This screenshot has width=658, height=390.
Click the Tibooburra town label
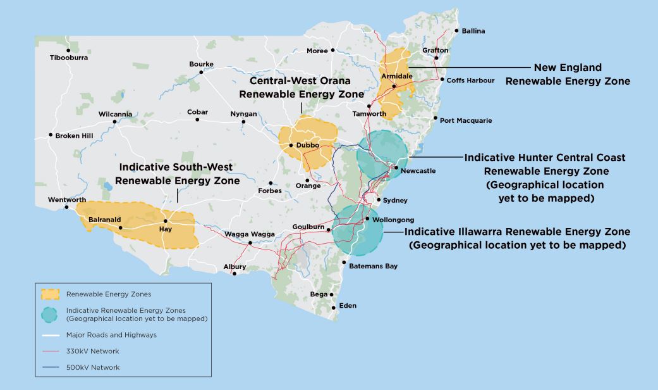pyautogui.click(x=69, y=58)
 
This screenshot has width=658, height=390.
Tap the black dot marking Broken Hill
pyautogui.click(x=51, y=135)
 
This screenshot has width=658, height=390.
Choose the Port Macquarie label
pyautogui.click(x=466, y=120)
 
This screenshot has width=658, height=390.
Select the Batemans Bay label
pyautogui.click(x=374, y=266)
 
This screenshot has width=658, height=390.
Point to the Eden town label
pyautogui.click(x=348, y=306)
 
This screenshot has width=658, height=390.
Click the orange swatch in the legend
pyautogui.click(x=49, y=294)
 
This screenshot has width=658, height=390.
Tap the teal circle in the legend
pyautogui.click(x=49, y=315)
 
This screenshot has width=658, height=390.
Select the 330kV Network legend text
pyautogui.click(x=92, y=351)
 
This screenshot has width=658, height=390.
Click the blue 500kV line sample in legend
pyautogui.click(x=49, y=367)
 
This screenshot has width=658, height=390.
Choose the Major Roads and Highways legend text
pyautogui.click(x=111, y=335)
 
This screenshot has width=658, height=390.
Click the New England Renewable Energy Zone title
pyautogui.click(x=568, y=74)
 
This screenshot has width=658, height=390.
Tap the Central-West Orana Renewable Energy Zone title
pyautogui.click(x=301, y=87)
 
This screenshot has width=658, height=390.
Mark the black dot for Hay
pyautogui.click(x=166, y=221)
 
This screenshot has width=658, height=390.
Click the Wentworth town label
pyautogui.click(x=67, y=200)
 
